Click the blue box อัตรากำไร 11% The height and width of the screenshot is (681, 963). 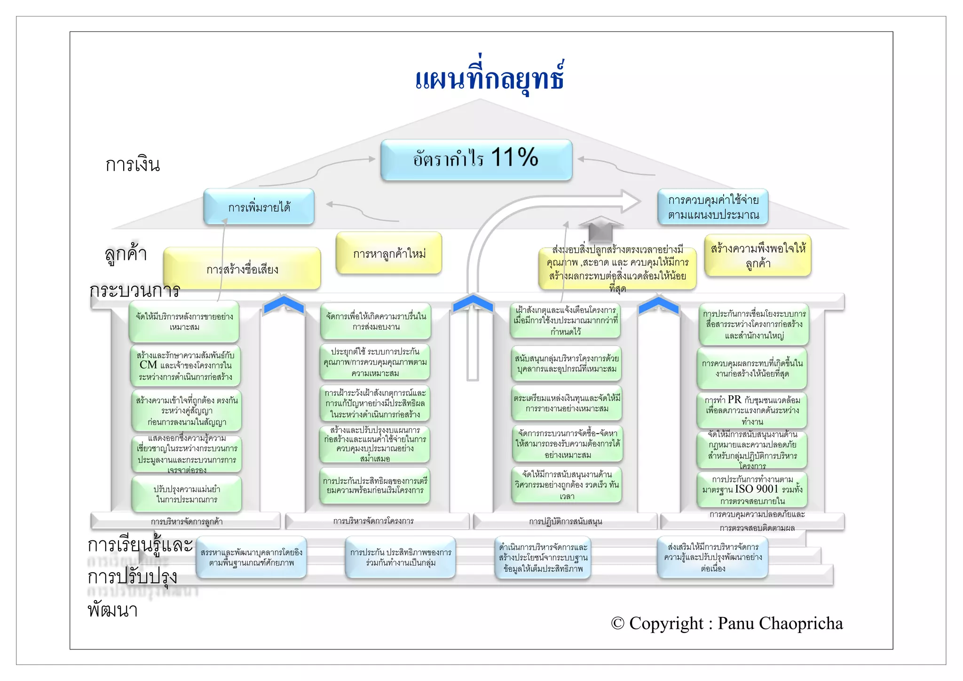476,159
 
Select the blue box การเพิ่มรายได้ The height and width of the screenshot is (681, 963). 259,207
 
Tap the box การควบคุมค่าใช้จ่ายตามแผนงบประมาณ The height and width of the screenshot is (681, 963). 713,208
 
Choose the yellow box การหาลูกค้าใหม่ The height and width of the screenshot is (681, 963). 389,254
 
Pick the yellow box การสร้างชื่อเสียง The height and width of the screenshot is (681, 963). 242,269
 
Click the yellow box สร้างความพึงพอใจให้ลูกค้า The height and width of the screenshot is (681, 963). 758,256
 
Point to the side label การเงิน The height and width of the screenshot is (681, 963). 133,165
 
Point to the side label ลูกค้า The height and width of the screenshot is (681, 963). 126,254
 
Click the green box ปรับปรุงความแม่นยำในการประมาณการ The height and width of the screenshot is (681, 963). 187,494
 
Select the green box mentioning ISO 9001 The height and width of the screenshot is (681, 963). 752,490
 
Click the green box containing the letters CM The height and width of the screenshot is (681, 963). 185,366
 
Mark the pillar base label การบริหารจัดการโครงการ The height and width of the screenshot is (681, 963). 373,521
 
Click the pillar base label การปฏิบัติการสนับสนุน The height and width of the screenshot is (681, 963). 565,521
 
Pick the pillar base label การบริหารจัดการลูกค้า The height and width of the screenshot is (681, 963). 187,521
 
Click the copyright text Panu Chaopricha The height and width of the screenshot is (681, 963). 726,623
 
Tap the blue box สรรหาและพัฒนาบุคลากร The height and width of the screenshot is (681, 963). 251,557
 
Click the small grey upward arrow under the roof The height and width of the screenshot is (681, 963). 600,229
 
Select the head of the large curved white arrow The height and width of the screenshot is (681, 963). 630,201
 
